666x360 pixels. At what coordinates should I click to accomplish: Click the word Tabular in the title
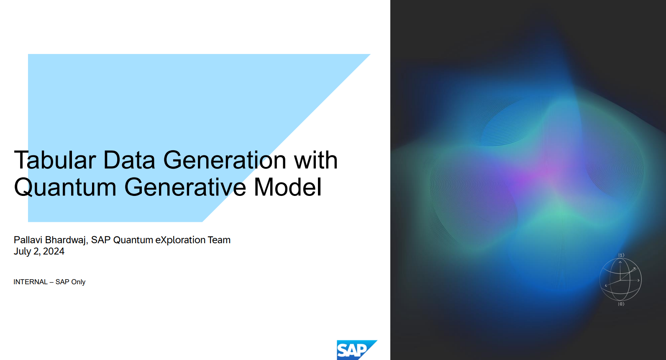click(x=55, y=160)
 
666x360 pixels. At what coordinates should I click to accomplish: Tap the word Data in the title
click(x=129, y=160)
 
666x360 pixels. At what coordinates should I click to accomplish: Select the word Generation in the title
click(x=225, y=160)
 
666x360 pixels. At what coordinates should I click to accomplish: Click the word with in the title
click(x=316, y=160)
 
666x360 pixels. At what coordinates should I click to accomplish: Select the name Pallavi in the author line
click(x=28, y=240)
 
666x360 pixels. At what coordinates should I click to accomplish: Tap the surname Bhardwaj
click(x=66, y=240)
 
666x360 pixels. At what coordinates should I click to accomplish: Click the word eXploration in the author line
click(x=180, y=240)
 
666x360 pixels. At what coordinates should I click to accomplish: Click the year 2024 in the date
click(x=54, y=252)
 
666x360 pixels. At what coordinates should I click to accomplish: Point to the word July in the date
click(x=22, y=252)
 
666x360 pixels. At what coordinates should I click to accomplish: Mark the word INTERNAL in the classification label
click(x=30, y=282)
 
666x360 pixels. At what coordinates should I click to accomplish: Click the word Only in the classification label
click(x=78, y=282)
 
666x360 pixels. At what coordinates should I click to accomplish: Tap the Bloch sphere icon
click(x=620, y=280)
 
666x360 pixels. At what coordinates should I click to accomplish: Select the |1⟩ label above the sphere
click(x=621, y=255)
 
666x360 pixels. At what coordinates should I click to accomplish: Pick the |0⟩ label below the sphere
click(x=621, y=304)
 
